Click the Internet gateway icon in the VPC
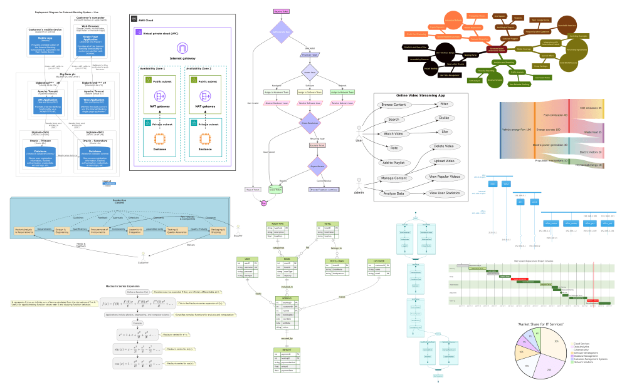pyautogui.click(x=182, y=48)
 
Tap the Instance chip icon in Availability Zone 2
pyautogui.click(x=204, y=138)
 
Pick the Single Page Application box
pyautogui.click(x=93, y=44)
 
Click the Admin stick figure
pyautogui.click(x=359, y=182)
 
